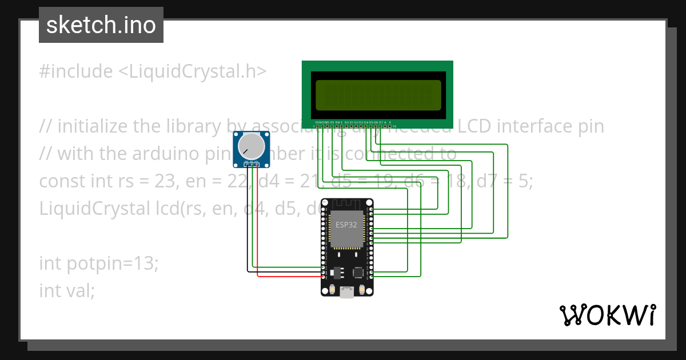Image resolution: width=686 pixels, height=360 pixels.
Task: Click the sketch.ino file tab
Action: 101,25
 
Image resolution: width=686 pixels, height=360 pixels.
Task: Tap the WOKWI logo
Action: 607,315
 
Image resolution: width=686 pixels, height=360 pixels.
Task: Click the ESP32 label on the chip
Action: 346,225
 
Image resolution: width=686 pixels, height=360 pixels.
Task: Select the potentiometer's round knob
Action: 252,146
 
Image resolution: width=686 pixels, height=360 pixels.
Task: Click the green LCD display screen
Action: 378,95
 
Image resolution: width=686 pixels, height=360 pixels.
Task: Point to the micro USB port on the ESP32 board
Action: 346,292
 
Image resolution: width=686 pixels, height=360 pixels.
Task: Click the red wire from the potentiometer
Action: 258,229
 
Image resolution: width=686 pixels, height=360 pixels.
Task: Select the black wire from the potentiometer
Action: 248,229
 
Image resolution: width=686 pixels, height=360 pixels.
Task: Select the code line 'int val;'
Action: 67,290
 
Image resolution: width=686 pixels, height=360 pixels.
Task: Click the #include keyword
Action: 76,71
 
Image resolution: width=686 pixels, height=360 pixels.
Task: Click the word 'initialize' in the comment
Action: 93,126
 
